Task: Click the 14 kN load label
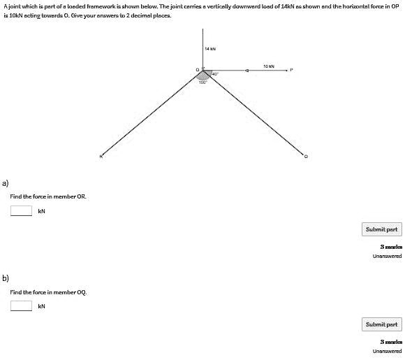coord(210,49)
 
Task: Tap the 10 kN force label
coord(269,66)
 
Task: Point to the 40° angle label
coord(216,74)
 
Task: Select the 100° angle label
coord(202,82)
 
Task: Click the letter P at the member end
coord(292,70)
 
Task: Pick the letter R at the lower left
coord(101,156)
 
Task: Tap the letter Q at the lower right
coord(304,156)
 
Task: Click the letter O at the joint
coord(198,69)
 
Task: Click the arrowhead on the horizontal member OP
coord(247,71)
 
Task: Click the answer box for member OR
coord(21,211)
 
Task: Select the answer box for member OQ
coord(21,305)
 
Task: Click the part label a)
coord(6,183)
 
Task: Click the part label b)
coord(6,278)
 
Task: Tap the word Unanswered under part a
coord(387,256)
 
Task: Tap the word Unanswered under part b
coord(387,351)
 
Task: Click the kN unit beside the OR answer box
coord(41,211)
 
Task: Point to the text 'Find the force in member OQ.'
coord(48,291)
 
